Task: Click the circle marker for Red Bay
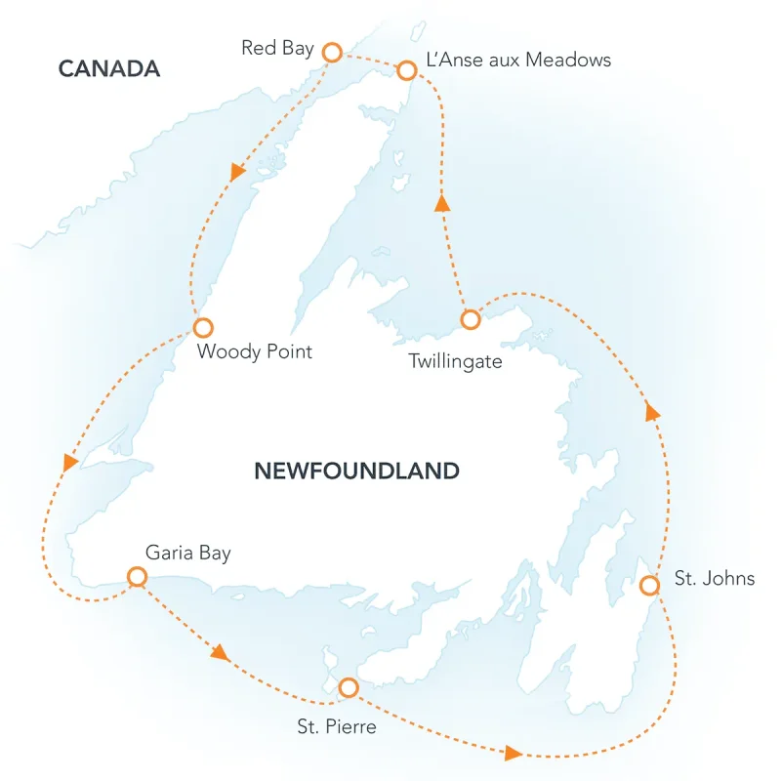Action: coord(332,52)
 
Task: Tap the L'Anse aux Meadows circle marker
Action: coord(407,69)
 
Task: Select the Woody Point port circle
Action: coord(202,327)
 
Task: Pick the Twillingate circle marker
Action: coord(470,319)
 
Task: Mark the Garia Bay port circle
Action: coord(138,577)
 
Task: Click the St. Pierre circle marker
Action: coord(348,688)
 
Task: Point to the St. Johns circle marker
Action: coord(649,585)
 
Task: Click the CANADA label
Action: coord(108,68)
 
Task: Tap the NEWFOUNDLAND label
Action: coord(356,472)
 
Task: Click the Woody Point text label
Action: coord(255,351)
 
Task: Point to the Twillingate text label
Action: coord(456,361)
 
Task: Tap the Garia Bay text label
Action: coord(188,553)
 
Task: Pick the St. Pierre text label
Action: coord(335,727)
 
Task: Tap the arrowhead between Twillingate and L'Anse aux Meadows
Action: coord(442,203)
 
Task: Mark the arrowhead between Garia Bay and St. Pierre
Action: coord(221,653)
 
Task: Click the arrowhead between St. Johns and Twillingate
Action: coord(653,412)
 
